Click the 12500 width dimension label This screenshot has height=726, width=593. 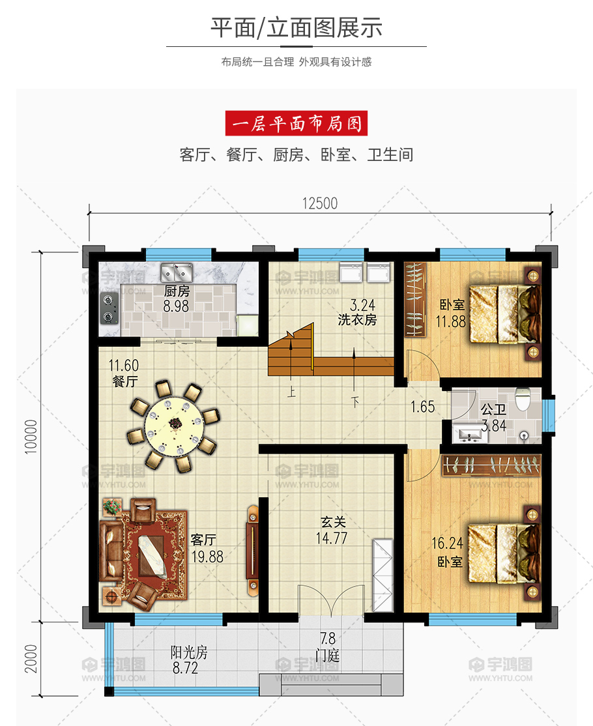320,203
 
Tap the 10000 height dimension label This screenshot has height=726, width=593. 31,437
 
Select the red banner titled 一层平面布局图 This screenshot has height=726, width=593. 296,123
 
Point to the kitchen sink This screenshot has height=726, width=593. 177,272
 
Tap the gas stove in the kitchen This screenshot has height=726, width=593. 109,308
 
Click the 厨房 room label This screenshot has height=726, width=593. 177,291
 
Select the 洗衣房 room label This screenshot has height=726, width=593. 357,320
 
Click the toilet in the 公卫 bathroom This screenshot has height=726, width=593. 523,399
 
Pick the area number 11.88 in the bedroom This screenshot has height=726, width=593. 451,321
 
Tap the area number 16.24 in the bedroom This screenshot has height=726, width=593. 447,543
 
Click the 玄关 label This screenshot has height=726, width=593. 333,522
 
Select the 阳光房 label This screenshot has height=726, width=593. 189,653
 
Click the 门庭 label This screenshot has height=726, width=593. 327,655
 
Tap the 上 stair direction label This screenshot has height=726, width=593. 291,392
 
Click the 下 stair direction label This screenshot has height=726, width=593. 354,401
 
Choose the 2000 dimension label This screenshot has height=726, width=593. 31,659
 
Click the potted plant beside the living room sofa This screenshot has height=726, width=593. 111,506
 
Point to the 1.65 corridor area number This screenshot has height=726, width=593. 423,407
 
